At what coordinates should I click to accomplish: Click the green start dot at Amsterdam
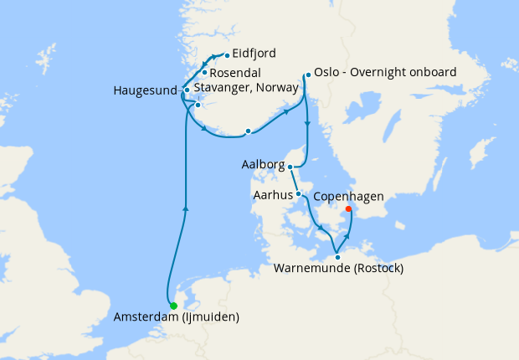tap(173, 306)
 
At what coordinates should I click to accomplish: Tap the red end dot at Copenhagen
tap(348, 209)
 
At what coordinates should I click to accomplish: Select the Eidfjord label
tap(254, 53)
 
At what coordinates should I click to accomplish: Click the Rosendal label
tap(239, 73)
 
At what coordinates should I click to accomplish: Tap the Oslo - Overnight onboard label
tap(387, 73)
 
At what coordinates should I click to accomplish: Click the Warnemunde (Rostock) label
tap(339, 269)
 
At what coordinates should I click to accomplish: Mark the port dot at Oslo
tap(308, 75)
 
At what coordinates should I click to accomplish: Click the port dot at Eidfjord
tap(226, 56)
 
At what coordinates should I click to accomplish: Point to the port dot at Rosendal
tap(204, 73)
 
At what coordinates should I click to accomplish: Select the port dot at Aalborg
tap(290, 167)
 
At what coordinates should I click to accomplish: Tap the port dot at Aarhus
tap(299, 194)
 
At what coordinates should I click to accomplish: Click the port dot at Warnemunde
tap(337, 256)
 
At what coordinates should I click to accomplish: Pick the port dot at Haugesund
tap(186, 89)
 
